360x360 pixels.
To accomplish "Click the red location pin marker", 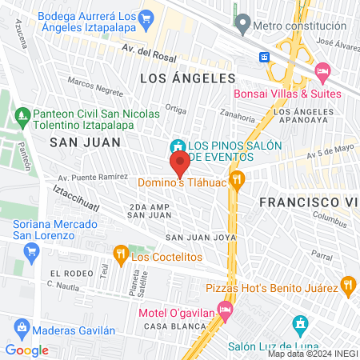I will coord(179,165).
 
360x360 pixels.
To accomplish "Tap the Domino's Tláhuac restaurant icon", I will coord(236,180).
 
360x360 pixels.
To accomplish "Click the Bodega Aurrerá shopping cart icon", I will coord(146,17).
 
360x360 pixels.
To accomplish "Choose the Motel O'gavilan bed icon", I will coord(226,308).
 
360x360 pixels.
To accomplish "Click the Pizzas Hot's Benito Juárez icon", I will coord(347,283).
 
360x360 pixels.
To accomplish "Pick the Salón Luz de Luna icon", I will coord(300,324).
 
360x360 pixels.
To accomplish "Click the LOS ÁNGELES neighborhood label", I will coord(187,78).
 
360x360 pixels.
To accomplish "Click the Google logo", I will coord(27,350).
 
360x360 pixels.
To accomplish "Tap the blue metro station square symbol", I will coord(264,58).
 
